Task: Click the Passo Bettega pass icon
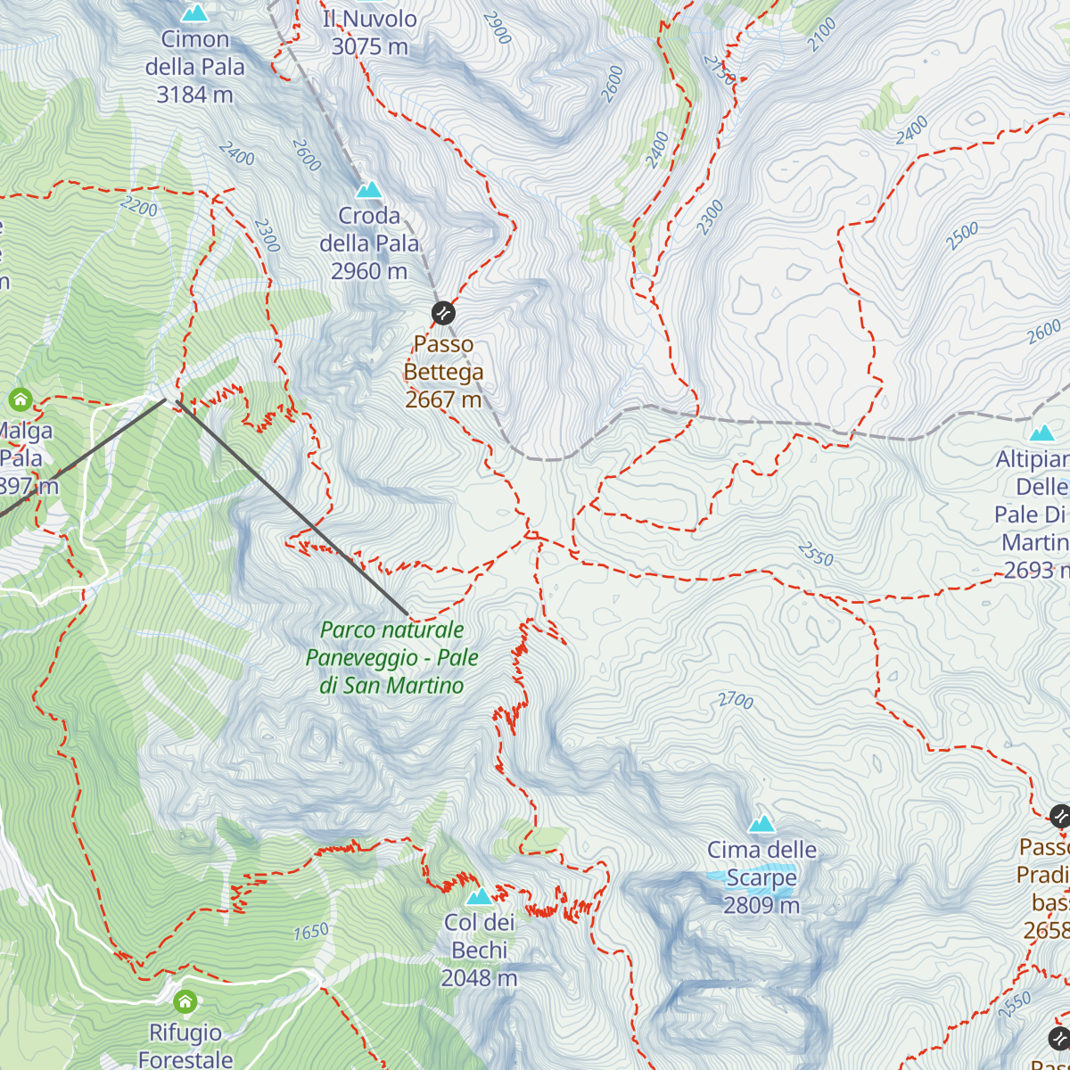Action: pyautogui.click(x=443, y=313)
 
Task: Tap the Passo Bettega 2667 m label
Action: pyautogui.click(x=443, y=372)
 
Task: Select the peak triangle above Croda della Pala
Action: pyautogui.click(x=368, y=190)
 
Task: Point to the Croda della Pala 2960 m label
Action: pyautogui.click(x=369, y=243)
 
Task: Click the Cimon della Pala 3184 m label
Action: pyautogui.click(x=194, y=67)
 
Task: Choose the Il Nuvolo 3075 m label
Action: pyautogui.click(x=369, y=32)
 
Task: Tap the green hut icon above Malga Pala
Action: pyautogui.click(x=20, y=399)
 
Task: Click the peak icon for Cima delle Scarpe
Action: pyautogui.click(x=761, y=824)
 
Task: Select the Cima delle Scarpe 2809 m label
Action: pyautogui.click(x=761, y=877)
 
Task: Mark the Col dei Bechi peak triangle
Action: pyautogui.click(x=479, y=896)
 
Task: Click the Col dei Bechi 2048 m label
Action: pyautogui.click(x=479, y=951)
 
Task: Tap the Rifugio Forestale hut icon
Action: pyautogui.click(x=185, y=1001)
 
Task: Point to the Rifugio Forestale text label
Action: pyautogui.click(x=185, y=1046)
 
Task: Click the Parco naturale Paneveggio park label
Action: pyautogui.click(x=392, y=657)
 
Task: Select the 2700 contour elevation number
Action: pyautogui.click(x=736, y=701)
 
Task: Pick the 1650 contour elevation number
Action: pyautogui.click(x=311, y=933)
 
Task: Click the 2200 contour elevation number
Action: pyautogui.click(x=138, y=208)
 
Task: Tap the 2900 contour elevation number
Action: pyautogui.click(x=498, y=28)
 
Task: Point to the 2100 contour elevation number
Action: pyautogui.click(x=821, y=35)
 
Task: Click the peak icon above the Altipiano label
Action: pyautogui.click(x=1041, y=433)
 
